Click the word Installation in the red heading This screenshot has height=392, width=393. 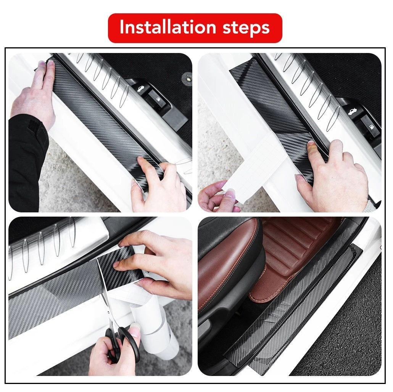pyautogui.click(x=168, y=27)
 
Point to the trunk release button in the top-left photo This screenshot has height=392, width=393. pyautogui.click(x=140, y=89)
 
